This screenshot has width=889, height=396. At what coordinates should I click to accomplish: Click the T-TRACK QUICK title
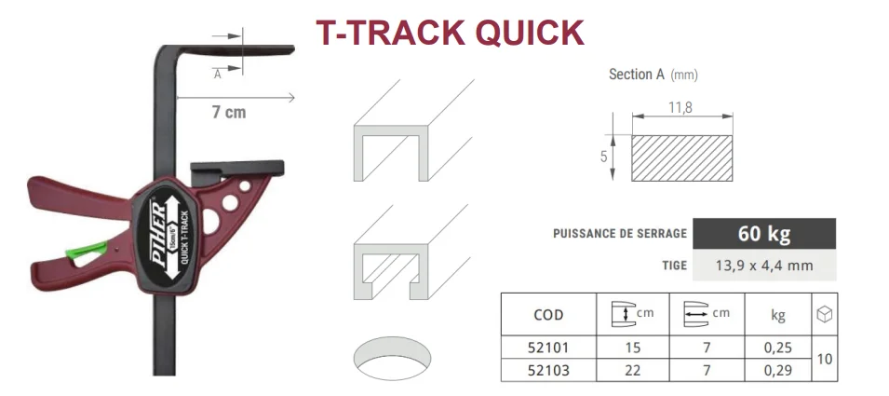450,32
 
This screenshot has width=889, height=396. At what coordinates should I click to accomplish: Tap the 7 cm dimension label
228,113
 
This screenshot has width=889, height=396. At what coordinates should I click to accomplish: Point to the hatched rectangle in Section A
681,157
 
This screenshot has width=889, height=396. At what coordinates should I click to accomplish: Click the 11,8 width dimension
681,107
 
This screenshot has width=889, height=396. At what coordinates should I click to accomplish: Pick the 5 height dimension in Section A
603,157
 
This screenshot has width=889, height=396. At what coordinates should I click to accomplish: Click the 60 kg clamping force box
764,234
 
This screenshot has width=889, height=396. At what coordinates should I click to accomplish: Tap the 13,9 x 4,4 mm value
764,266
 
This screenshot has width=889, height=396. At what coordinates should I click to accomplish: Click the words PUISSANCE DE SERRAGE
619,234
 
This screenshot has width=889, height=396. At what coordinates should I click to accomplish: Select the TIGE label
674,266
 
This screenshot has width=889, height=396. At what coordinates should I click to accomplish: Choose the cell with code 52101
546,347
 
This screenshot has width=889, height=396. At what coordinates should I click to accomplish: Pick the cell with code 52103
546,370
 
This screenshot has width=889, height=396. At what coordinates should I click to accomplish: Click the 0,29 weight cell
777,370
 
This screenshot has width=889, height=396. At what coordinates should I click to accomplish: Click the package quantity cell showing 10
824,358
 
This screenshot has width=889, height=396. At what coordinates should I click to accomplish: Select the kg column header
777,315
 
